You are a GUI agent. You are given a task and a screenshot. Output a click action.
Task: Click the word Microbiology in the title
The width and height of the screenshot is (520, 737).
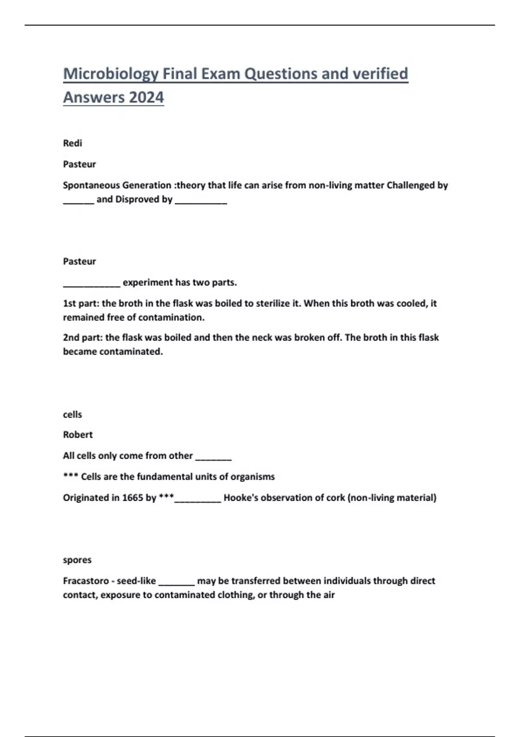pos(110,74)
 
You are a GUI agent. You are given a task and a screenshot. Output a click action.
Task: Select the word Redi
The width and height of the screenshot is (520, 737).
pos(72,143)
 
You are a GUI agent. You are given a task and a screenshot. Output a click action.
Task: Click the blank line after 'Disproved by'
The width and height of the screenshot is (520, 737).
pos(201,200)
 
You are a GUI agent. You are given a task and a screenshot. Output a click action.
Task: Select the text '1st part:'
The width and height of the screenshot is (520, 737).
pos(81,303)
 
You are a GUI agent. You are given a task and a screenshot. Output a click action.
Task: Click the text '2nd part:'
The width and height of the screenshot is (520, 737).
pos(82,337)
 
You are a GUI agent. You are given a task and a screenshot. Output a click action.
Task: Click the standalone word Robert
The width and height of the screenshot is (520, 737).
pos(78,434)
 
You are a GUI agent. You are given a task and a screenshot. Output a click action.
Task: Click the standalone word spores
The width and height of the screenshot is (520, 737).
pos(77,560)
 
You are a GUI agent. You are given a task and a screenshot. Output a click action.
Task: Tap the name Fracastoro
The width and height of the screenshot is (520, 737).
pos(86,581)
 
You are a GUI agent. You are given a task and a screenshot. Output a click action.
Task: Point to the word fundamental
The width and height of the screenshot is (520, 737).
pos(165,477)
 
